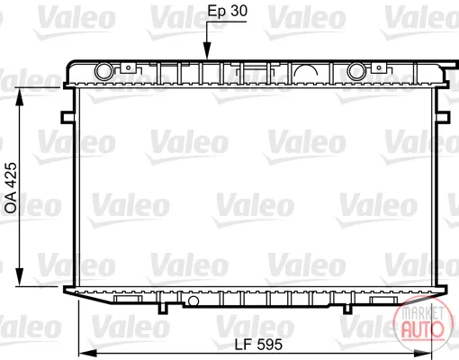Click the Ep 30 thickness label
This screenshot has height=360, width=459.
pyautogui.click(x=228, y=11)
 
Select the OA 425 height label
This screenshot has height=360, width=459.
pyautogui.click(x=11, y=188)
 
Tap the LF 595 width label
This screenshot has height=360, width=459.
pyautogui.click(x=258, y=345)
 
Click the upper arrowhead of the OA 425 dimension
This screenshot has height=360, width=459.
pyautogui.click(x=20, y=96)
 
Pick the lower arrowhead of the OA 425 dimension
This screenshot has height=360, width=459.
pyautogui.click(x=20, y=277)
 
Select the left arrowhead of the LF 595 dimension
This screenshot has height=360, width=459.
pyautogui.click(x=87, y=354)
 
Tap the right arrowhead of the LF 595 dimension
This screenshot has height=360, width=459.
pyautogui.click(x=422, y=354)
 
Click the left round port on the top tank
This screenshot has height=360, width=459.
pyautogui.click(x=103, y=71)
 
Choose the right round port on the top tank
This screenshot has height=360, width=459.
pyautogui.click(x=356, y=71)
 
